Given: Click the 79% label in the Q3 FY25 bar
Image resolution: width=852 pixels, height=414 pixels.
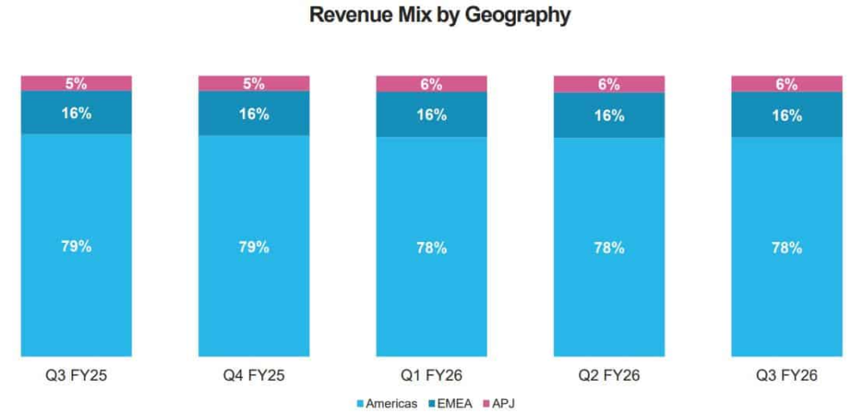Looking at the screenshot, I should pyautogui.click(x=76, y=246).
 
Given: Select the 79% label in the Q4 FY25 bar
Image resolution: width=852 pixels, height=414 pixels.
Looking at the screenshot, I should pyautogui.click(x=254, y=247).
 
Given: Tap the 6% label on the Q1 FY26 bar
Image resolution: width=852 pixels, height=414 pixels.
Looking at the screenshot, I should pyautogui.click(x=431, y=84).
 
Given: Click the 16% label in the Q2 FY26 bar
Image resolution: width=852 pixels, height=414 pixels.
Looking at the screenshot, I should pyautogui.click(x=609, y=116).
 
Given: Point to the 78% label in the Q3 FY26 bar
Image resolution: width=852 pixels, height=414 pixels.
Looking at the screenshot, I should pyautogui.click(x=786, y=248).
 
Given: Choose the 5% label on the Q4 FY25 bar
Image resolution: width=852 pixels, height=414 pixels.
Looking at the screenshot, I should pyautogui.click(x=254, y=83).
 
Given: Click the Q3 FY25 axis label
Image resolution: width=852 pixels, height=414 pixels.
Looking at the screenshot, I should pyautogui.click(x=76, y=376).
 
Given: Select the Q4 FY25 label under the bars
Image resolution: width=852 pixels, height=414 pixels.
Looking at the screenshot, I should pyautogui.click(x=254, y=376).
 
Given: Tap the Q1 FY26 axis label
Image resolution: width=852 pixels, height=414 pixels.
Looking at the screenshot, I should pyautogui.click(x=431, y=376).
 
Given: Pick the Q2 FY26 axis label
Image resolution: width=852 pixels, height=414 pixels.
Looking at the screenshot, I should pyautogui.click(x=609, y=376).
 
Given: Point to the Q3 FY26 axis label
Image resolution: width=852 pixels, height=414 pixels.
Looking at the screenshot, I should pyautogui.click(x=786, y=376).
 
